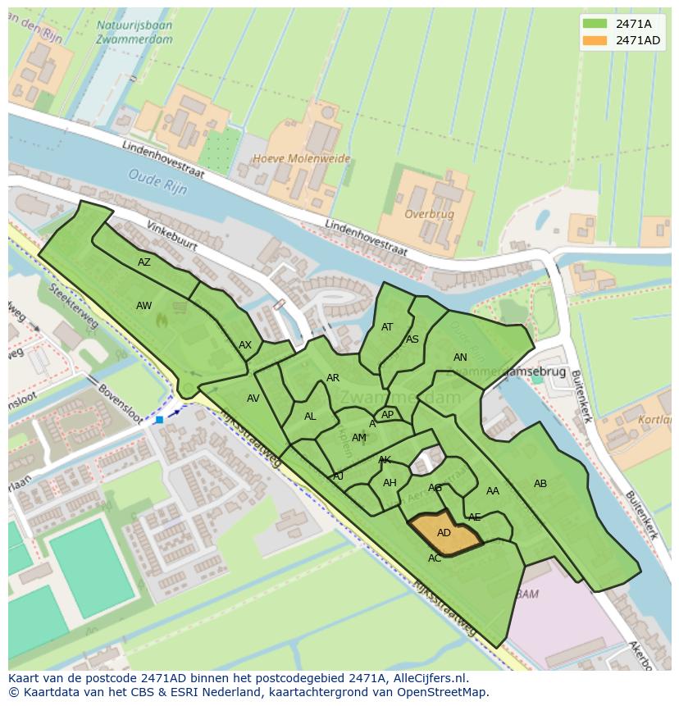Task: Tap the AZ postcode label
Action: (144, 262)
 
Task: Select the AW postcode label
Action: (144, 306)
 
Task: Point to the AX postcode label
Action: (245, 345)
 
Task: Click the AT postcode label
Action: (387, 327)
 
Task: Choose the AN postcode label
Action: (460, 358)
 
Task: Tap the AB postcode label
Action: (540, 484)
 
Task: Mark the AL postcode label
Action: (310, 417)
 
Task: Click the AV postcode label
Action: (253, 399)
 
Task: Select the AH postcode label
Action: (390, 483)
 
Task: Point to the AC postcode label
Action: (435, 558)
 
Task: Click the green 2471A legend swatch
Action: (595, 24)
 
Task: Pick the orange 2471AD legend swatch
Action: (595, 40)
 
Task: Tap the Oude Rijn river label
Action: (158, 181)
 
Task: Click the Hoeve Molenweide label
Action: (301, 159)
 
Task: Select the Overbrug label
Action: (430, 214)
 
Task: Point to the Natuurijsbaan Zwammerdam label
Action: (134, 32)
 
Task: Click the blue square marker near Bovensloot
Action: (159, 420)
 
